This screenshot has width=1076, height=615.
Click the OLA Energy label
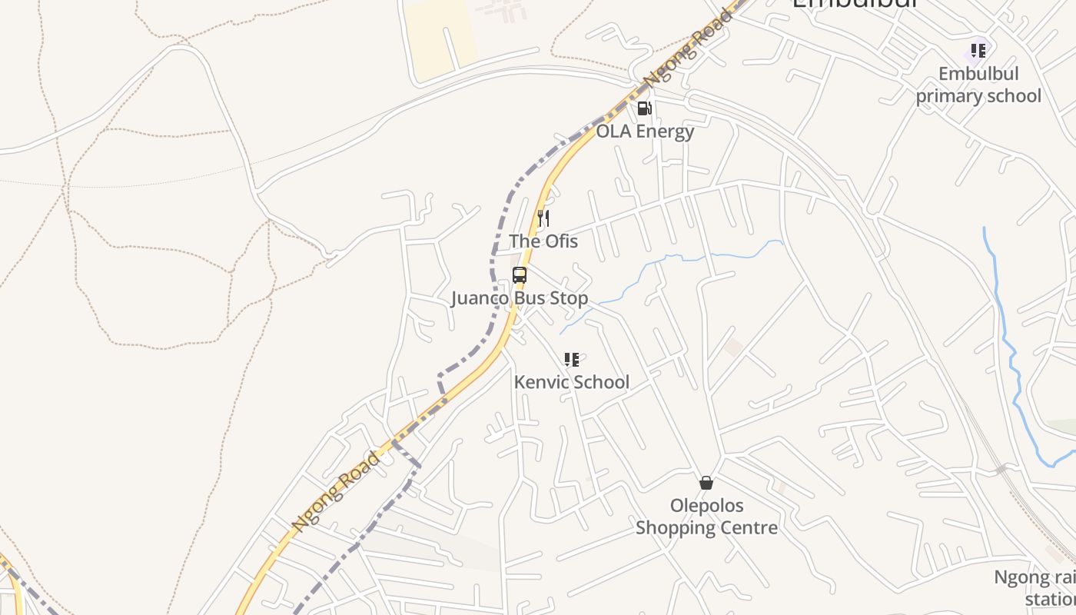pyautogui.click(x=645, y=131)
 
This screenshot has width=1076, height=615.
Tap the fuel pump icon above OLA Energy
pyautogui.click(x=644, y=108)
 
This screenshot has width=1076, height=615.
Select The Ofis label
pyautogui.click(x=543, y=241)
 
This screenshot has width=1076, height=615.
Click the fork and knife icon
pyautogui.click(x=543, y=218)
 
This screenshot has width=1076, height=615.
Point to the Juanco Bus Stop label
pyautogui.click(x=520, y=298)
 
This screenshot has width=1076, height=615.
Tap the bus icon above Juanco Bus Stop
pyautogui.click(x=520, y=275)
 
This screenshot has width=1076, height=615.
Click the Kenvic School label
pyautogui.click(x=571, y=382)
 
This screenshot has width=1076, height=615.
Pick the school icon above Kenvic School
pyautogui.click(x=571, y=360)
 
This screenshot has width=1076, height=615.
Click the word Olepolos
pyautogui.click(x=706, y=506)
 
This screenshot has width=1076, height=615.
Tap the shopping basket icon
pyautogui.click(x=706, y=483)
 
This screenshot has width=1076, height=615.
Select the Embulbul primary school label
pyautogui.click(x=978, y=85)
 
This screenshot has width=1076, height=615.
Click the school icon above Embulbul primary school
pyautogui.click(x=978, y=51)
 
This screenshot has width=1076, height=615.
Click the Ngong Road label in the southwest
pyautogui.click(x=337, y=491)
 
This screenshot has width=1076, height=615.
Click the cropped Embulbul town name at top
pyautogui.click(x=855, y=5)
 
